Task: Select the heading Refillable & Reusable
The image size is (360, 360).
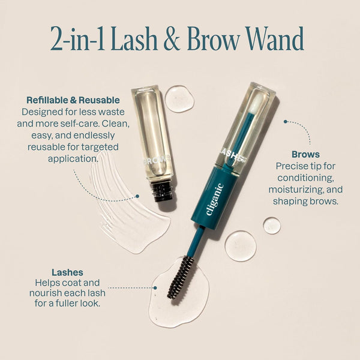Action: [73, 100]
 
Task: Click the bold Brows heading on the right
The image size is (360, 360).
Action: [305, 154]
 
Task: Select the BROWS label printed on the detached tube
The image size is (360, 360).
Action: [157, 161]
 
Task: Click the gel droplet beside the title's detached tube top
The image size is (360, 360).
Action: [179, 98]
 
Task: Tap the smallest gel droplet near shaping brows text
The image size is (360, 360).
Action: [271, 226]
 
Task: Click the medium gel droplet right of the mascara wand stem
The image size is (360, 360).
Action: [240, 245]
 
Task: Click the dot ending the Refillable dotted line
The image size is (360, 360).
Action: [137, 196]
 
